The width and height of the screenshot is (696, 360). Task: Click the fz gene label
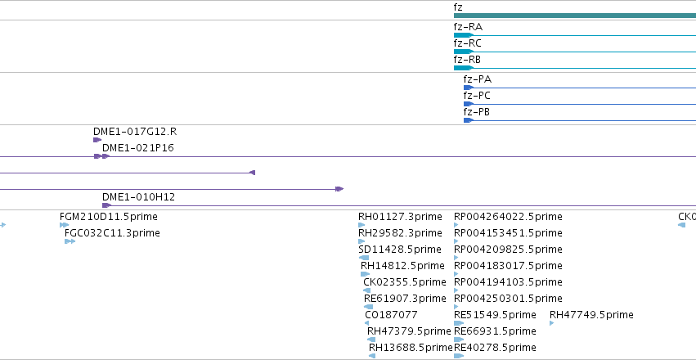coord(458,7)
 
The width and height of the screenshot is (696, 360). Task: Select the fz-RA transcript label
coord(468,27)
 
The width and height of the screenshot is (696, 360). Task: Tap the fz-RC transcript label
coord(467,43)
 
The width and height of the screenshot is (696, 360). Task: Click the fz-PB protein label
coord(477,112)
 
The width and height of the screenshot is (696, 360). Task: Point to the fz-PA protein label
coord(478,80)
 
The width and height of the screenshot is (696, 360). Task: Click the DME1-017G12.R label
coord(135,132)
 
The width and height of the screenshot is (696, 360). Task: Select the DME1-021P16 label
coord(138,148)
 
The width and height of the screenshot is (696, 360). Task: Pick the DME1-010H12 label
coord(138,197)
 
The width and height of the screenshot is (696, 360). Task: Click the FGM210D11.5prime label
coord(109,217)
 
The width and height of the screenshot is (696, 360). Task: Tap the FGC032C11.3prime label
coord(112,233)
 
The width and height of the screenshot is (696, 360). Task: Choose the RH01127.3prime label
coord(401,217)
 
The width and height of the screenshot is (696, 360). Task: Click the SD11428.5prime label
coord(400,249)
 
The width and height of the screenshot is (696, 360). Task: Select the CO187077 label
coord(392,315)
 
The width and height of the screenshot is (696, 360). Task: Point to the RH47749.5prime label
coord(591,315)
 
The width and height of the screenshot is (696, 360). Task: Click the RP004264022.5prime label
coord(508,217)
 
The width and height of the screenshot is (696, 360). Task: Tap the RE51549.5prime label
coord(495,315)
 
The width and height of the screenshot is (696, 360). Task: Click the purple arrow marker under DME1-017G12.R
coord(97,140)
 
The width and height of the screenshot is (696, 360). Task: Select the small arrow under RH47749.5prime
coord(552,323)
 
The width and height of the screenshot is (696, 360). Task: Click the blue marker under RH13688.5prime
coord(372,356)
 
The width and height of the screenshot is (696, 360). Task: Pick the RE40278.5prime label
coord(495,347)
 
